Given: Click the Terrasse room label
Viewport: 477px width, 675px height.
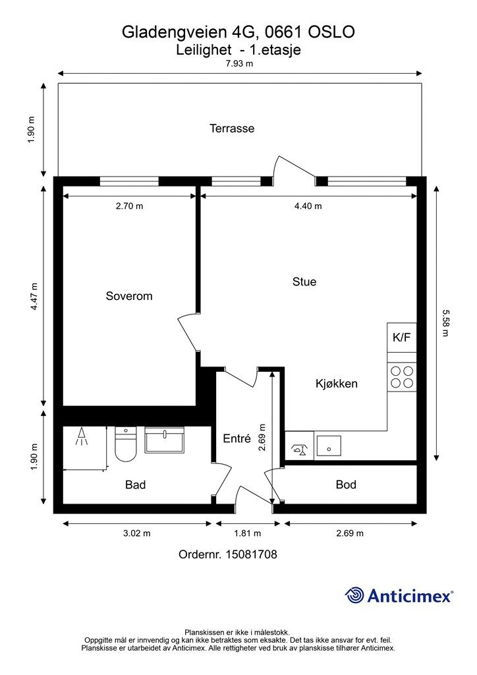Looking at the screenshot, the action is point(232,129).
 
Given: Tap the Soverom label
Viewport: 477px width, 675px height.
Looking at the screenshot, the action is point(129,296).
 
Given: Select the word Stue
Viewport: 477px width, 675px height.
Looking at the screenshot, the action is point(304,281).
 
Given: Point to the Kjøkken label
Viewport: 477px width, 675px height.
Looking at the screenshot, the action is point(337,384).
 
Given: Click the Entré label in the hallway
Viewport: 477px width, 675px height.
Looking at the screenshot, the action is point(237,438).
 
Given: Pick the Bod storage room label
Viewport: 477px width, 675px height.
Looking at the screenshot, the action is point(346,484).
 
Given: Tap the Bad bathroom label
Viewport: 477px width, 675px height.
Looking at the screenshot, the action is point(136,485).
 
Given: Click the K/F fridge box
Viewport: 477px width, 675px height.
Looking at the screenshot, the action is point(402,337).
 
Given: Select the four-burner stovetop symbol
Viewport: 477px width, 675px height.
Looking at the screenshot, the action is point(402,377).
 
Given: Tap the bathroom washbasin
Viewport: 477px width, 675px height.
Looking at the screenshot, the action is point(164,440).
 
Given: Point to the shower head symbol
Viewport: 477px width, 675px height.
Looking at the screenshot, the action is point(82,436).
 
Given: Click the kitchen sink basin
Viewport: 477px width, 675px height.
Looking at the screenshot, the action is point(329,446).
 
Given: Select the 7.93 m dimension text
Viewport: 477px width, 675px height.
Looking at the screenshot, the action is point(240,64).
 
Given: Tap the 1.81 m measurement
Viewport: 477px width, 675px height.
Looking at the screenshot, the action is point(247,533).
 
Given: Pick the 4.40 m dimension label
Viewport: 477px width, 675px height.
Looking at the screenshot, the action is point(308,206).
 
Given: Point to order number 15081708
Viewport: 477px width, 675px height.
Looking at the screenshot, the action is point(227,554).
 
